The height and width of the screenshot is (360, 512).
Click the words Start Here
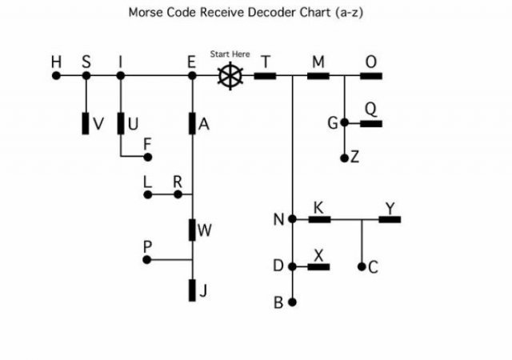point(230,54)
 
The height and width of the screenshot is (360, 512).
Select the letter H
point(55,62)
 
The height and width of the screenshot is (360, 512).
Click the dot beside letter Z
point(344,158)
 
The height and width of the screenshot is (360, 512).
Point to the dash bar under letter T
point(266,76)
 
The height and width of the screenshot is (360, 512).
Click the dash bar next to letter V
point(86,124)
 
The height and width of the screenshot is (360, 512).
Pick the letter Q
point(370,108)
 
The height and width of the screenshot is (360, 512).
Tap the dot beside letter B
point(292,302)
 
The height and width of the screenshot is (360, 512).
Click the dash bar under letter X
point(319,266)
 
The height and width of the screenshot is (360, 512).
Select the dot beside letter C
point(362,266)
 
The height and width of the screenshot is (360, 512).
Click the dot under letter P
point(147,260)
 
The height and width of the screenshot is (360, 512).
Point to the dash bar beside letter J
point(192,290)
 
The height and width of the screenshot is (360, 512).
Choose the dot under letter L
point(147,194)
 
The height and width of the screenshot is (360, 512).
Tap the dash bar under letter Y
point(390,218)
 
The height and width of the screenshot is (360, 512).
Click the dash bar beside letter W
point(192,230)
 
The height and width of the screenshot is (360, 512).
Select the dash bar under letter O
point(370,76)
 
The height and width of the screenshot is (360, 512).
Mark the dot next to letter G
point(344,123)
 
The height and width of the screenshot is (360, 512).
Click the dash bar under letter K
point(319,218)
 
